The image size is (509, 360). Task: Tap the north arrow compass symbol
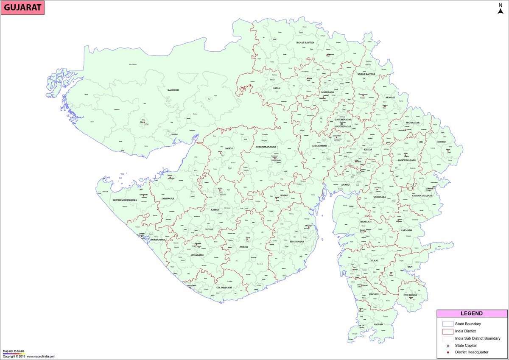(x=500, y=8)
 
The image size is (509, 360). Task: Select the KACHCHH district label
(x=173, y=90)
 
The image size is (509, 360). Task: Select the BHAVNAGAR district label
(x=297, y=241)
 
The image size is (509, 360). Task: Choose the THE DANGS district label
(x=410, y=295)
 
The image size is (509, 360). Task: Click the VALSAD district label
(x=378, y=324)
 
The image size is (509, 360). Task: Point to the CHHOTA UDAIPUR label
(x=422, y=196)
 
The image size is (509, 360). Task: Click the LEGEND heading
(x=472, y=314)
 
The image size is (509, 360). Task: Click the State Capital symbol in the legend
(x=447, y=346)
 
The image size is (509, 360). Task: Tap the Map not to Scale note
(x=14, y=351)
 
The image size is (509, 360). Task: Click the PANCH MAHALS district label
(x=406, y=160)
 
